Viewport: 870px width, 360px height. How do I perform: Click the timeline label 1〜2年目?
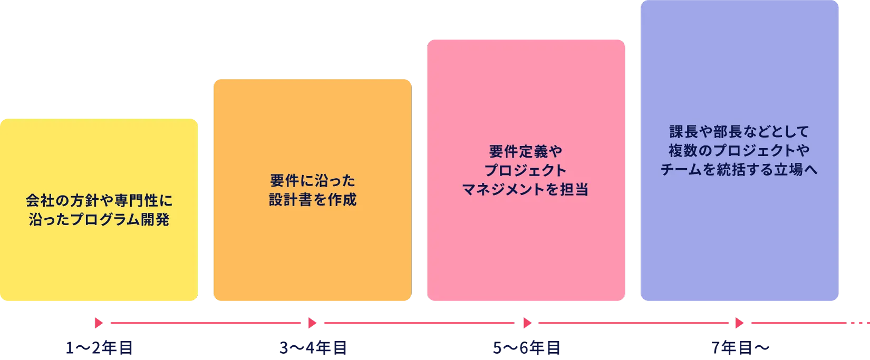[99, 347]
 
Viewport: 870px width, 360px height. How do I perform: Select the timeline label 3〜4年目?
[312, 347]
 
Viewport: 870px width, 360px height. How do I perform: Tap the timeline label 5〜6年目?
[526, 347]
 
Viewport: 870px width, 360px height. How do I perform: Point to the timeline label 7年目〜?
[740, 347]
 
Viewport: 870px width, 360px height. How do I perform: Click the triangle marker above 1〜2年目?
[98, 323]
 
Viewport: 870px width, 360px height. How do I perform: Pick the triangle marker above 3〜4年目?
[312, 323]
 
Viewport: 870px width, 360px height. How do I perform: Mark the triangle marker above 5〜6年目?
[527, 323]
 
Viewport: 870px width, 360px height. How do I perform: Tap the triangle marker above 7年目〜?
[738, 323]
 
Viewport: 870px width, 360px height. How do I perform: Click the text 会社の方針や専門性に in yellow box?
[99, 201]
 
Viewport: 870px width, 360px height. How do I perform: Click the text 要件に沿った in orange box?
[313, 181]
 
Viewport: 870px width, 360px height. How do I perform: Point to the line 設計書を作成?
[313, 200]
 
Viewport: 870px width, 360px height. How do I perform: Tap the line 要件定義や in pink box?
[526, 152]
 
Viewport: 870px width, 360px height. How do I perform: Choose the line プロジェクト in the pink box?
[526, 171]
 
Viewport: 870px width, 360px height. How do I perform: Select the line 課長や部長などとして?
[739, 131]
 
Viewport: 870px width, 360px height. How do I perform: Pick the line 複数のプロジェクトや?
[739, 151]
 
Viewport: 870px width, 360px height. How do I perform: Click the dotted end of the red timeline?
[858, 323]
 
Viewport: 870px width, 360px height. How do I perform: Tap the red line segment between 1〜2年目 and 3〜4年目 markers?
[206, 323]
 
